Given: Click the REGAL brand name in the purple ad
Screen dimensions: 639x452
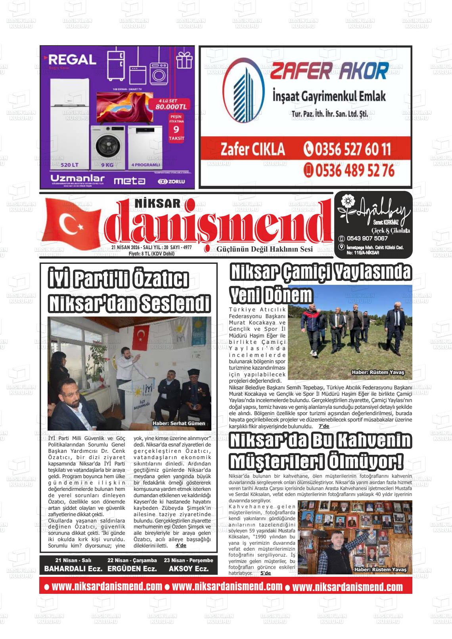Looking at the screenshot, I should coord(72,60).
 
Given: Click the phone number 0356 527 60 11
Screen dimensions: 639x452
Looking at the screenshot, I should coord(347,149).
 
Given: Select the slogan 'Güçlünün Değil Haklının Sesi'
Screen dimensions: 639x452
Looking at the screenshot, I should coord(264,249).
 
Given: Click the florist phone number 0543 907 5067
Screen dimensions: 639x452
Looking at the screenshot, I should coord(367,238).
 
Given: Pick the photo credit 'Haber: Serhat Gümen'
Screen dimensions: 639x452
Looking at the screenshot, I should coord(179,423).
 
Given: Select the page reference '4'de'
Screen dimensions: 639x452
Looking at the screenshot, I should coord(181,546).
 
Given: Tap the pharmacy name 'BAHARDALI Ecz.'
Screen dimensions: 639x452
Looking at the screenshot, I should coord(73,568).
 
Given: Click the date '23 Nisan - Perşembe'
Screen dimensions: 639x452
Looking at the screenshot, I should coord(188,560).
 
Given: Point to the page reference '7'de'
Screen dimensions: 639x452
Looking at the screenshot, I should coord(324,426).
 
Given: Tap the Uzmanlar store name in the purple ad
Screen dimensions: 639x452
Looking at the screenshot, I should coord(77,178).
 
